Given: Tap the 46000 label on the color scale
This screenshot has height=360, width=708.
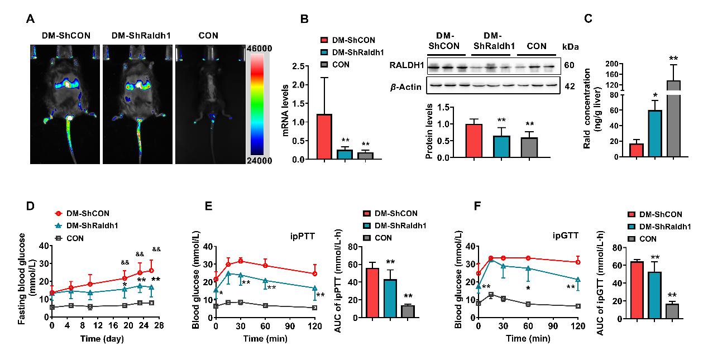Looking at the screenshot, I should (x=260, y=49).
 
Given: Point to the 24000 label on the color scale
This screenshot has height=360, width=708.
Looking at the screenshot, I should (x=260, y=161).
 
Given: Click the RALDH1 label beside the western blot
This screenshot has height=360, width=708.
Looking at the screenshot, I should (x=406, y=65).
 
